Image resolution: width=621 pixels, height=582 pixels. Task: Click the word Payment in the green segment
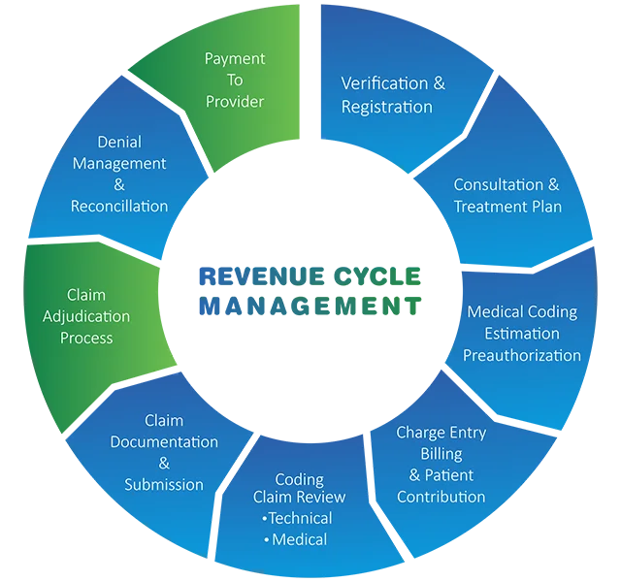[234, 59]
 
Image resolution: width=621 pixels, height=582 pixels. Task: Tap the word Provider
[234, 101]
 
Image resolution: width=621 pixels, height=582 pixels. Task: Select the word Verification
[383, 82]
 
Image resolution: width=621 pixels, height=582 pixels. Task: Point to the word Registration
[386, 107]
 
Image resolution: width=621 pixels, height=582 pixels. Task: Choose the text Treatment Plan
[507, 206]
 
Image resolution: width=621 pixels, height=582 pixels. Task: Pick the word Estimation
[522, 334]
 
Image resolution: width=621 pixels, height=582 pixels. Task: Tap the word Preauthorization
[522, 355]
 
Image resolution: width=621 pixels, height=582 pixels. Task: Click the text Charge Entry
[441, 433]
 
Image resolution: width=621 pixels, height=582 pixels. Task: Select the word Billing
[441, 454]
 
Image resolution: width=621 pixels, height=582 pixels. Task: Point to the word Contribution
[441, 497]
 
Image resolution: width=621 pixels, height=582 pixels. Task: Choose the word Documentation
[164, 441]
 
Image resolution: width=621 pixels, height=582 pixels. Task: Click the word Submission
[164, 484]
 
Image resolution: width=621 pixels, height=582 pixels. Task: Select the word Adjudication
[86, 316]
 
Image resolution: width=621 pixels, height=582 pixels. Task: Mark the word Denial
[119, 143]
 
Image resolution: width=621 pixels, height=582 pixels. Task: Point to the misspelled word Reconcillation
[119, 206]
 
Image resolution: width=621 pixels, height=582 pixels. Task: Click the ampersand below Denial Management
[119, 184]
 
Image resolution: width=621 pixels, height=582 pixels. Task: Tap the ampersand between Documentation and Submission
[164, 463]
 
